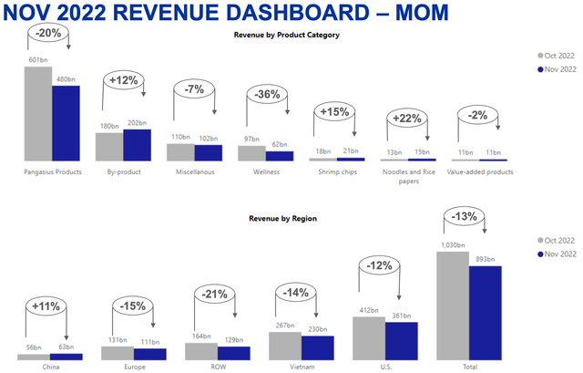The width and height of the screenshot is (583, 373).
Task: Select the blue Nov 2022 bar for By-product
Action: [x=137, y=145]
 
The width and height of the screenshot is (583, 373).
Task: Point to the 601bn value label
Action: [x=37, y=61]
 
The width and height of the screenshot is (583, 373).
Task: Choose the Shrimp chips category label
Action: [x=336, y=171]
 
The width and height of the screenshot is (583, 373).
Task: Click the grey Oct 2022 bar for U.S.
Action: [x=369, y=337]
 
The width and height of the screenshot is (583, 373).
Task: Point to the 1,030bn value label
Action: [x=452, y=245]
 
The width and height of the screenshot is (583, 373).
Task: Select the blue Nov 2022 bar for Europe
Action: [x=150, y=354]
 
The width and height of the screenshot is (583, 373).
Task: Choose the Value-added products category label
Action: [x=480, y=171]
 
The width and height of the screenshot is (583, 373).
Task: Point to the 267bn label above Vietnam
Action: [x=284, y=325]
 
